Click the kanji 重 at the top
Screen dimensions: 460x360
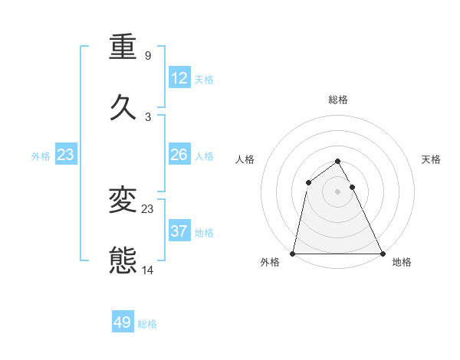pyautogui.click(x=123, y=47)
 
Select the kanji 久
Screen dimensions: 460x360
pyautogui.click(x=123, y=107)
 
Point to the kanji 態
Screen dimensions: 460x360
pyautogui.click(x=123, y=260)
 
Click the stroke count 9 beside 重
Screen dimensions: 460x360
pyautogui.click(x=147, y=56)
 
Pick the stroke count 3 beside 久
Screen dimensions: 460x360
pyautogui.click(x=147, y=117)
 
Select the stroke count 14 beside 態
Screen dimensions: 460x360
pyautogui.click(x=148, y=270)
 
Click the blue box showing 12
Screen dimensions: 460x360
pyautogui.click(x=179, y=78)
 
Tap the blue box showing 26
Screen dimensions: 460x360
pyautogui.click(x=179, y=155)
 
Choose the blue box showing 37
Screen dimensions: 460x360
pyautogui.click(x=179, y=231)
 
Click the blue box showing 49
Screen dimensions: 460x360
pyautogui.click(x=123, y=322)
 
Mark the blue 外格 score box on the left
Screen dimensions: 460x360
pyautogui.click(x=66, y=155)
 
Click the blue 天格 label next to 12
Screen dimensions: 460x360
pyautogui.click(x=204, y=80)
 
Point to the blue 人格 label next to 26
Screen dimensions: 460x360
pyautogui.click(x=204, y=156)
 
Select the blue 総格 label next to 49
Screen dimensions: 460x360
pyautogui.click(x=147, y=324)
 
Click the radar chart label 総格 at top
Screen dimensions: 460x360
pyautogui.click(x=338, y=100)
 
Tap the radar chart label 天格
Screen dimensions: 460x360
pyautogui.click(x=432, y=159)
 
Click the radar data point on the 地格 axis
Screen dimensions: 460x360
pyautogui.click(x=382, y=253)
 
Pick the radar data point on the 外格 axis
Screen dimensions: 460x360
pyautogui.click(x=293, y=253)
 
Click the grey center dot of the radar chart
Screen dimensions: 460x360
pyautogui.click(x=337, y=191)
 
